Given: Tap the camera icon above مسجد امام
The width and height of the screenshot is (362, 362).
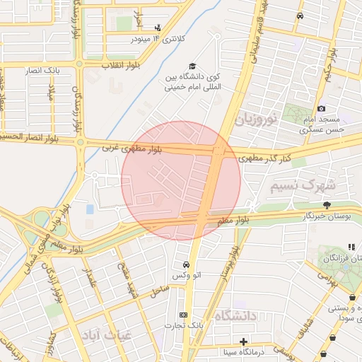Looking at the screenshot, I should click(322, 108).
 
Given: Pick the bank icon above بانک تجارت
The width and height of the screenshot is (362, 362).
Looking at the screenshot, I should click(184, 314).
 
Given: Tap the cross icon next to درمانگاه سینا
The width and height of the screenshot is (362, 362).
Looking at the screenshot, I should click(243, 341).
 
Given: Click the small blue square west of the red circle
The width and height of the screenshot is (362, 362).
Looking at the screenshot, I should click(90, 209).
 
